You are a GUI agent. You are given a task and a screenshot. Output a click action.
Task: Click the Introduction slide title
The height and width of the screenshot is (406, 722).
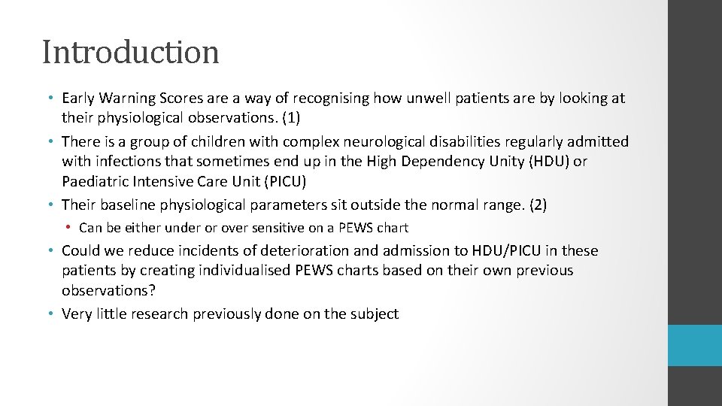(131, 52)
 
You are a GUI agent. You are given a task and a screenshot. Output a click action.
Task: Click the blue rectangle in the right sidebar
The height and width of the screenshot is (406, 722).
(695, 345)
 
